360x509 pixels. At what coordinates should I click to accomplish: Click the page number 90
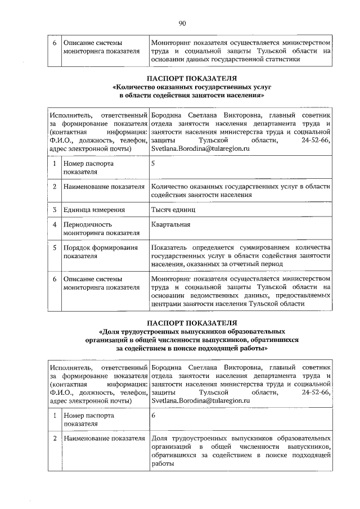[182, 23]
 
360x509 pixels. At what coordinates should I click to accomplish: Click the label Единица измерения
[94, 210]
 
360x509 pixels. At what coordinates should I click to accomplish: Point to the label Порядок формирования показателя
[101, 251]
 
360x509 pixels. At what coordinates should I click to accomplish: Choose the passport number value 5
[154, 163]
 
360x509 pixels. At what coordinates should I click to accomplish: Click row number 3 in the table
[55, 210]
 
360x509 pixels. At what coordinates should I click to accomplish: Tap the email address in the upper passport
[200, 148]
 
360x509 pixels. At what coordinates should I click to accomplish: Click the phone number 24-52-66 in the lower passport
[316, 391]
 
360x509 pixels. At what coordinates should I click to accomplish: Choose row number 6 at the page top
[55, 42]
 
